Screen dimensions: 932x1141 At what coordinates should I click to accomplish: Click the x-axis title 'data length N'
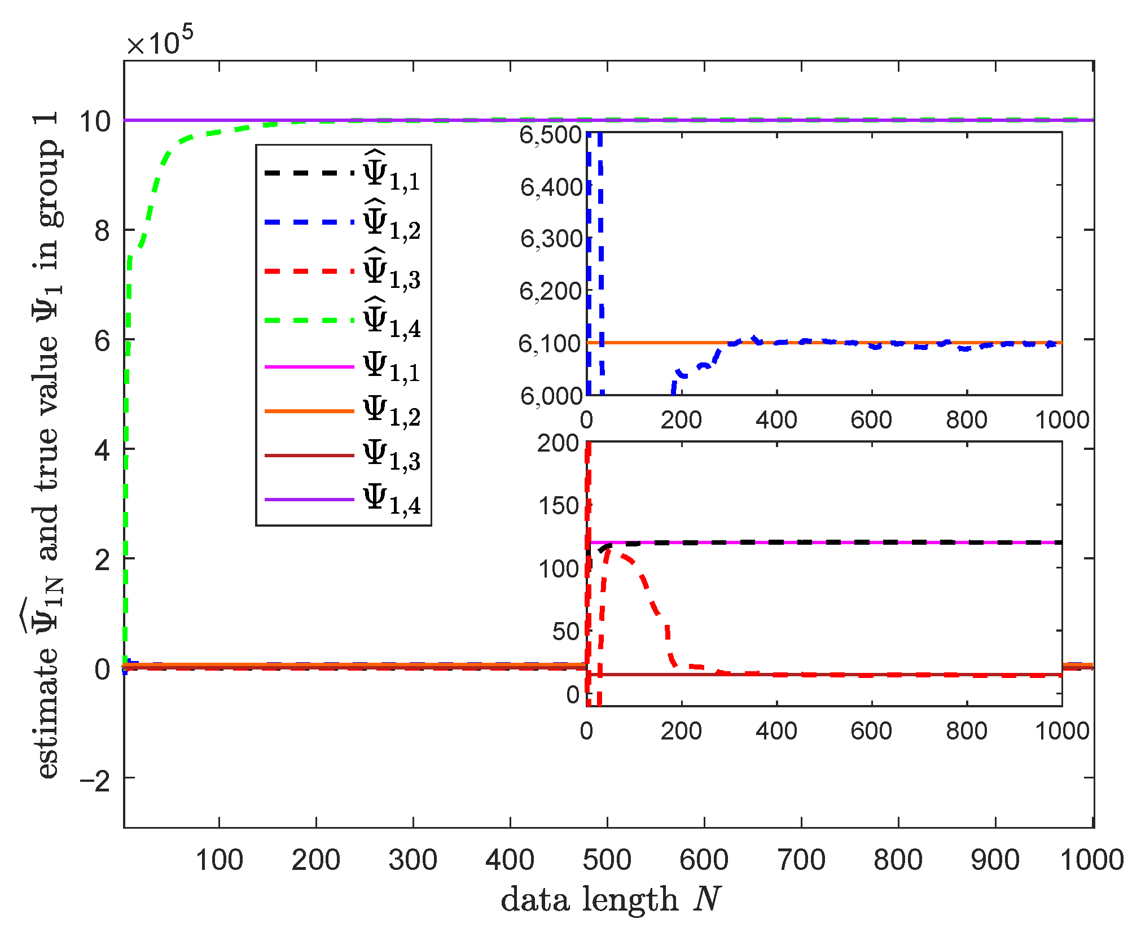611,899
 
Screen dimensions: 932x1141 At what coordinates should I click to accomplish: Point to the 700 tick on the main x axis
801,860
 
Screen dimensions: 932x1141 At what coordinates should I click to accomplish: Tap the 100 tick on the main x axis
219,860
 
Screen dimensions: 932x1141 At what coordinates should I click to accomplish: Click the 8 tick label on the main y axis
102,231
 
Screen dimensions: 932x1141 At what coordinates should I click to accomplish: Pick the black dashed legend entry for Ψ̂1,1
343,172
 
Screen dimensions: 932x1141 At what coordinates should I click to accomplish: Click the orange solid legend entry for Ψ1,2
343,411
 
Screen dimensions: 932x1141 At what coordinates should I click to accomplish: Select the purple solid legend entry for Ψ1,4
343,500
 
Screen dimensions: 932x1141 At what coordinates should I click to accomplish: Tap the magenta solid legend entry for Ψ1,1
343,367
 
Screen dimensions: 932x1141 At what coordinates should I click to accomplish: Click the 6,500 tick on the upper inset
551,135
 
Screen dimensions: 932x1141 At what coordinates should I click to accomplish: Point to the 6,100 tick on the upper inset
551,343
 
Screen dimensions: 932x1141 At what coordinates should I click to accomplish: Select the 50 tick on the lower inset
565,631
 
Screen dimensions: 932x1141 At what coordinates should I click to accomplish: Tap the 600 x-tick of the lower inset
871,731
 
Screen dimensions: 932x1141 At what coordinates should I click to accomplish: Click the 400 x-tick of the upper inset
776,420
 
